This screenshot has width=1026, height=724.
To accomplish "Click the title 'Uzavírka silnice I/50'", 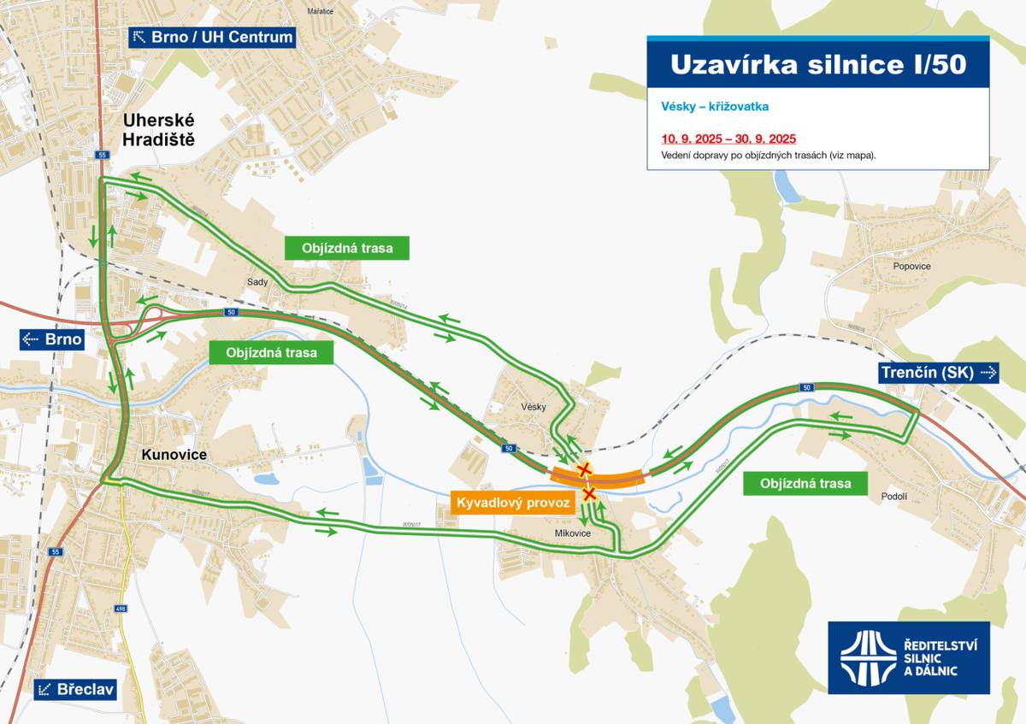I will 817,65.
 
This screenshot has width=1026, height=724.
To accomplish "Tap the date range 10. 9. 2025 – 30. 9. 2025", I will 728,138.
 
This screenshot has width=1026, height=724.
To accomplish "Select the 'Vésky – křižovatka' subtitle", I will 715,107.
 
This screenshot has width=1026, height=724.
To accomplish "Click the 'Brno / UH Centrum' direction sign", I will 212,37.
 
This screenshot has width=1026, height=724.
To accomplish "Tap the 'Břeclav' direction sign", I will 74,689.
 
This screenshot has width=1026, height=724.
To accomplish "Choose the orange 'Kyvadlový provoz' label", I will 512,503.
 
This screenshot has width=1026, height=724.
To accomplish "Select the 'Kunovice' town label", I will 174,455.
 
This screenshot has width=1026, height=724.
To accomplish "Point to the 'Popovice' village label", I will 911,266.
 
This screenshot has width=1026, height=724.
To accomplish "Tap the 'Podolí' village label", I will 893,497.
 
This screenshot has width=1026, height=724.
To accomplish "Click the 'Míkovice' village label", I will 573,533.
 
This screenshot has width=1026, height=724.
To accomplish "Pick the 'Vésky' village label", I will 533,407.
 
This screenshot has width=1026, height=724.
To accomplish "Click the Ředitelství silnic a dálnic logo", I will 908,657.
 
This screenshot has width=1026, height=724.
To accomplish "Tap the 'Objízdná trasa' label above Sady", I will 347,249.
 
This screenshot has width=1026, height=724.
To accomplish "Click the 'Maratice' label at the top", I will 320,11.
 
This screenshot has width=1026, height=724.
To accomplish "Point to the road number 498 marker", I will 120,609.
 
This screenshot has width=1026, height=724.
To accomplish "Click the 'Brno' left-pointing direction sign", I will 52,339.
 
